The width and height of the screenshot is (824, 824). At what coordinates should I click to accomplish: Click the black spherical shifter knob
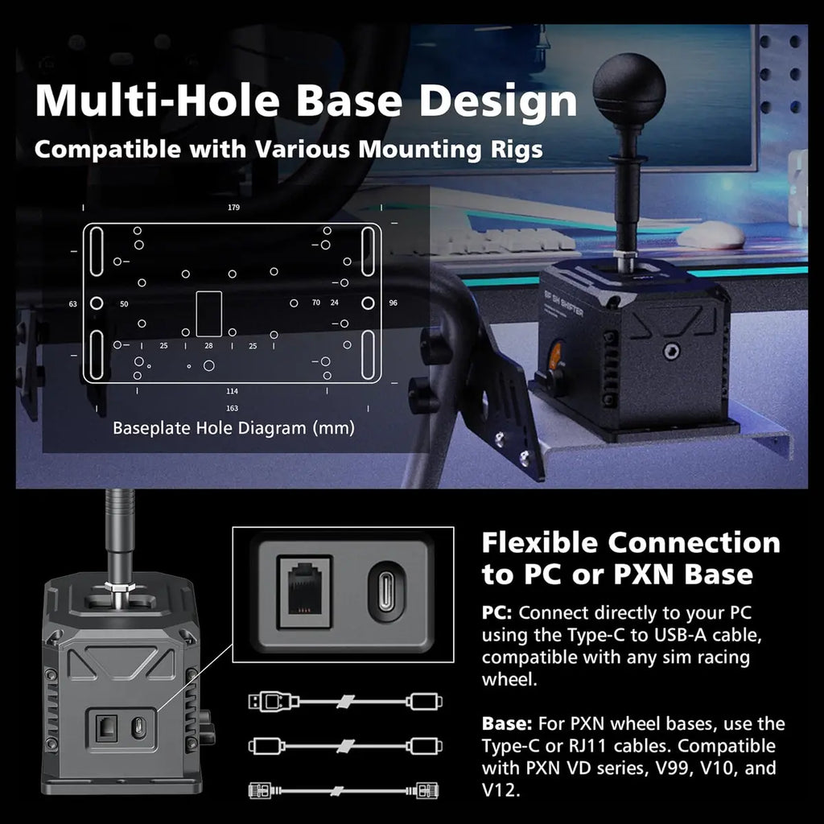click(x=629, y=89)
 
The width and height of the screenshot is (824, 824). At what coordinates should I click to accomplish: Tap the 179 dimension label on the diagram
click(x=234, y=208)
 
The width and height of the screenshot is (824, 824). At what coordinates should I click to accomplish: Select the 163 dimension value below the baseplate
click(x=233, y=408)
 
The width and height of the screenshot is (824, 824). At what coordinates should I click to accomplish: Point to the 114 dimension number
click(x=233, y=392)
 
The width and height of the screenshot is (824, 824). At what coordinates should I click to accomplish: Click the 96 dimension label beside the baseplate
click(x=393, y=303)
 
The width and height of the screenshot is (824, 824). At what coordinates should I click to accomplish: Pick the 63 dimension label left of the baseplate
click(x=73, y=303)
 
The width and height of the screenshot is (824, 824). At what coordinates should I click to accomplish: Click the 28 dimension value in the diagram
click(x=208, y=346)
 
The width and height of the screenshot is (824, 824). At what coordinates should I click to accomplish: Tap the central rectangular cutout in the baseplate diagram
click(x=208, y=314)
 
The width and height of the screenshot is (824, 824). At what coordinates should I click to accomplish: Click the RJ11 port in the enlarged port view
click(x=304, y=591)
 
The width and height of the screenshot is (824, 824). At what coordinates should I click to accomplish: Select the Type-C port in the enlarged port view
click(x=386, y=591)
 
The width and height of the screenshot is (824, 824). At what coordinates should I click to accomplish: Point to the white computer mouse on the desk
click(x=711, y=234)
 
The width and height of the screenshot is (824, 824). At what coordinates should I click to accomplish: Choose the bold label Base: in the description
click(x=507, y=724)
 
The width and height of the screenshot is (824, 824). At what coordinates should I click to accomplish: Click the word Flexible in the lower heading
click(x=540, y=543)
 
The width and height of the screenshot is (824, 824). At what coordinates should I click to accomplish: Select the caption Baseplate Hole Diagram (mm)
click(x=234, y=428)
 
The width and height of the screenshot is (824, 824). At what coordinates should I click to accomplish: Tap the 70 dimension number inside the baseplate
click(x=315, y=303)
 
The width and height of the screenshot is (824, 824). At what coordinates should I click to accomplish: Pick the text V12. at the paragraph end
click(x=501, y=790)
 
